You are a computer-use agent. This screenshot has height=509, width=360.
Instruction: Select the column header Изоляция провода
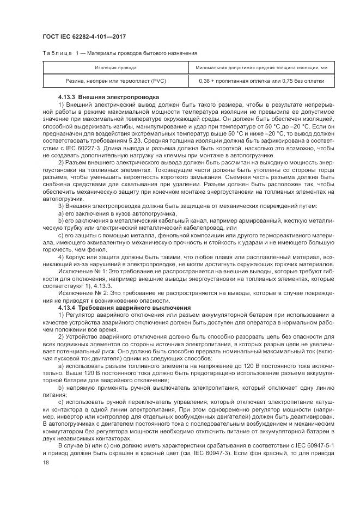click(x=115, y=68)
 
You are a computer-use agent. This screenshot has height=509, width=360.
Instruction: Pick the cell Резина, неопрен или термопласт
click(x=115, y=81)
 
